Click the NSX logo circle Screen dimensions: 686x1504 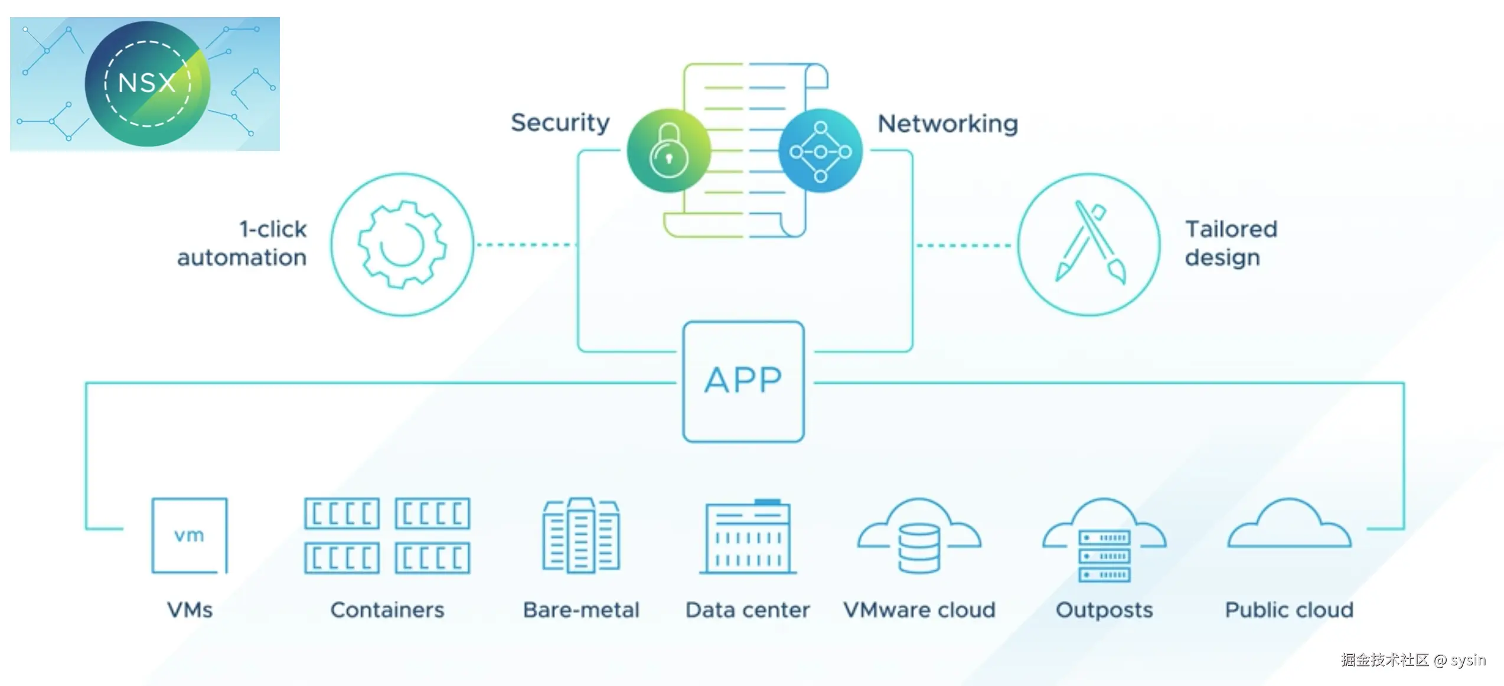pos(147,83)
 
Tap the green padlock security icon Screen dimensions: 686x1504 pos(668,151)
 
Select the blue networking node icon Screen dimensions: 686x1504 pos(820,151)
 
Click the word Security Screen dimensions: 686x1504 pos(560,123)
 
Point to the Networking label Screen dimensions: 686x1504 pos(947,124)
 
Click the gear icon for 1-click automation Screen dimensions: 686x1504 pos(402,244)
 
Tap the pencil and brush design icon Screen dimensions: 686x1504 pos(1089,244)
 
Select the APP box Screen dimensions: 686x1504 pos(743,381)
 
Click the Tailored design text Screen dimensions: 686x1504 pos(1231,243)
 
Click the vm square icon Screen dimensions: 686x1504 pos(190,535)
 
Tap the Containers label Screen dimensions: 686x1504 pos(387,610)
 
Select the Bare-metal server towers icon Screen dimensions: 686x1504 pos(581,535)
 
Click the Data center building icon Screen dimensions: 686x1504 pos(748,537)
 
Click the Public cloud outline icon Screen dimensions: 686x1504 pos(1289,525)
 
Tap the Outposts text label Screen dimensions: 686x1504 pos(1104,610)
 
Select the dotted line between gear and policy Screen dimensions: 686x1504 pos(524,244)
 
